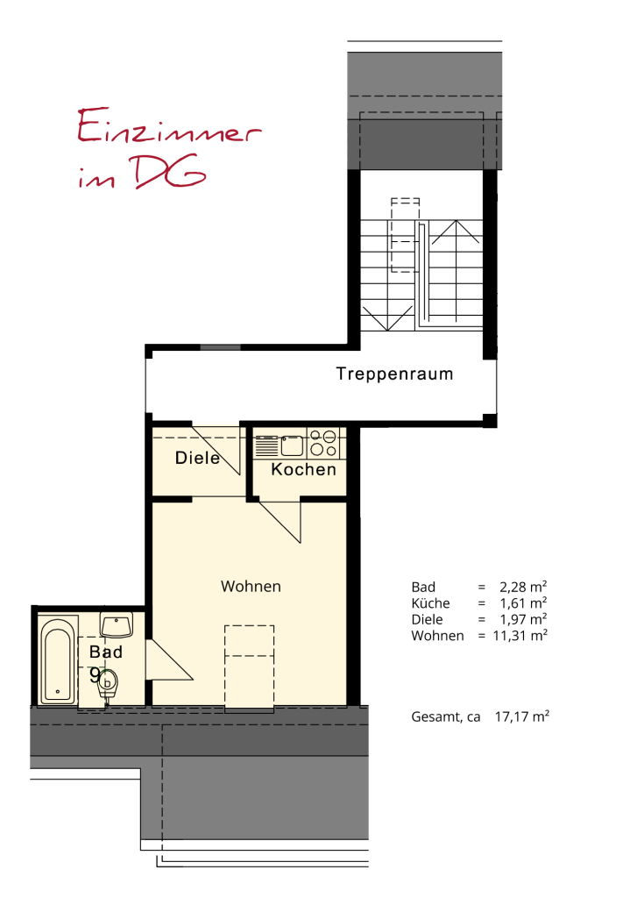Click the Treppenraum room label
(x=394, y=374)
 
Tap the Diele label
(x=197, y=458)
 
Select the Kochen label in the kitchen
(x=303, y=470)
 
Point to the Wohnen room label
(x=251, y=587)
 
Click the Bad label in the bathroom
(x=106, y=652)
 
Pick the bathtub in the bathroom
(x=58, y=659)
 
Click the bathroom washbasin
(x=117, y=624)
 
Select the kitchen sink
(x=292, y=445)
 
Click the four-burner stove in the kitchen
(x=323, y=443)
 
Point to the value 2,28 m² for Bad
(x=523, y=587)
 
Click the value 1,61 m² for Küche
(x=523, y=602)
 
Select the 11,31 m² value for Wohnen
(x=520, y=635)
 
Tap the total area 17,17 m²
(x=521, y=716)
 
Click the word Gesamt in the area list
(x=436, y=717)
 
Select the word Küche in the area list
(x=430, y=603)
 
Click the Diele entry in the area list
(x=427, y=619)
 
